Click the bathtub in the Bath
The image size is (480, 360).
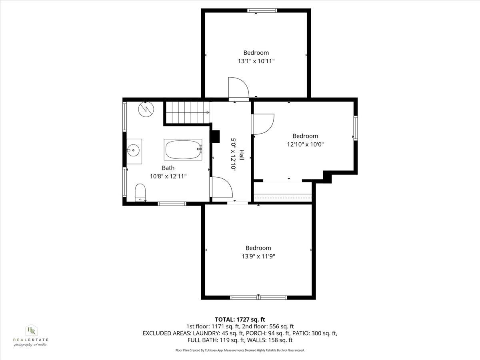183,150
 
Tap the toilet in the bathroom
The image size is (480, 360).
140,192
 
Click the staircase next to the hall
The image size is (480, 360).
187,113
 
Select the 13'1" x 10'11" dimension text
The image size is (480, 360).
256,61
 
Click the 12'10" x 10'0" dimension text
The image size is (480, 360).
305,144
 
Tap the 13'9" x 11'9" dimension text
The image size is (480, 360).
258,256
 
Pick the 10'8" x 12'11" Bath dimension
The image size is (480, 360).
168,176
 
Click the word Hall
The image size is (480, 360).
242,155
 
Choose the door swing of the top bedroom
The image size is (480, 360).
237,88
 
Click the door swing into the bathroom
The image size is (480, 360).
221,187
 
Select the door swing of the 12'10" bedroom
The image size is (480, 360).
263,124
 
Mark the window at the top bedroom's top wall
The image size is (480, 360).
262,11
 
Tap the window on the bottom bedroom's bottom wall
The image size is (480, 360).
258,297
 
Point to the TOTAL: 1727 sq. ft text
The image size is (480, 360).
240,319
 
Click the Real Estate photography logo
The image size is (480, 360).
30,335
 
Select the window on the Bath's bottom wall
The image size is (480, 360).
172,204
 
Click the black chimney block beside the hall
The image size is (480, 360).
216,136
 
